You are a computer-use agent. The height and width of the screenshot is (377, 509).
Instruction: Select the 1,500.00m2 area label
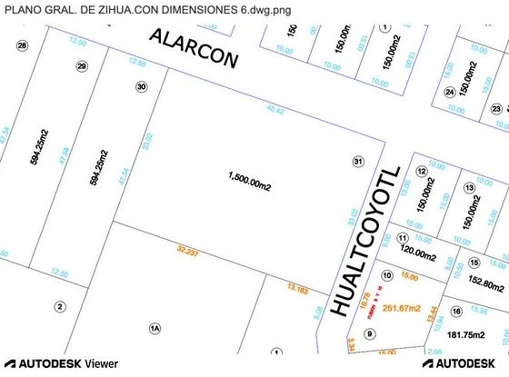click(250, 184)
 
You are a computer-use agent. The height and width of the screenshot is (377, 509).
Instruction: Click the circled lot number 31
click(358, 161)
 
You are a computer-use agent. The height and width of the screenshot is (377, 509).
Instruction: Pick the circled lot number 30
click(141, 87)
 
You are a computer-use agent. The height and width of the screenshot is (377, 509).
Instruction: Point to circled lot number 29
click(82, 66)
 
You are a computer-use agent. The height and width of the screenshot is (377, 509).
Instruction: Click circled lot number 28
click(23, 45)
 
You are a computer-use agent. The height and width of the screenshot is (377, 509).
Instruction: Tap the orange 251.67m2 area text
click(401, 309)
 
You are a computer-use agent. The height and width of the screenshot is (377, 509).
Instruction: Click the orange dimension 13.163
click(298, 289)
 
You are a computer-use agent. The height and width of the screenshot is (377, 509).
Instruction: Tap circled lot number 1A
click(155, 327)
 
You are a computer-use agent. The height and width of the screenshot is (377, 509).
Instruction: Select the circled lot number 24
click(449, 92)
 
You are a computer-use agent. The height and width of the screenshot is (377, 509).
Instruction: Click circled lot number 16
click(455, 312)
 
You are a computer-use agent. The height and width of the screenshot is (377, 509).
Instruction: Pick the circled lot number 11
click(402, 238)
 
